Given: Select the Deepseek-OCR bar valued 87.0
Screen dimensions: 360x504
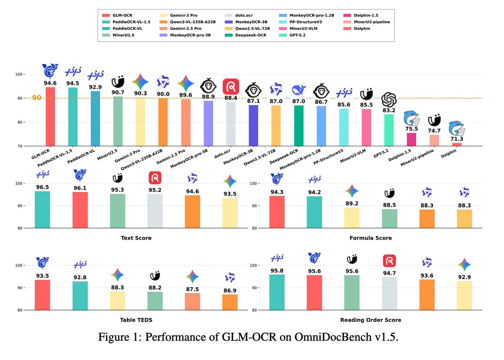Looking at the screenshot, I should point(298,126).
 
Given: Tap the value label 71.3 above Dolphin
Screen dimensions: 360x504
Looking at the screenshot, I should point(456,139).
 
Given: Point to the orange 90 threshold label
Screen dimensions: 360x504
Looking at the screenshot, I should point(37,98).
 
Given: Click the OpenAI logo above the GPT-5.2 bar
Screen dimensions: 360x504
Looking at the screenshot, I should point(389,100).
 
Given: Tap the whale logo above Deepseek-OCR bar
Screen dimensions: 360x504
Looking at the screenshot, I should point(298,91).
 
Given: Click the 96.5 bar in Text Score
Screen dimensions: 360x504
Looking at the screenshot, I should point(42,210).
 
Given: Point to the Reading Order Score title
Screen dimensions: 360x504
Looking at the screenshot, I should point(370,320).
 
